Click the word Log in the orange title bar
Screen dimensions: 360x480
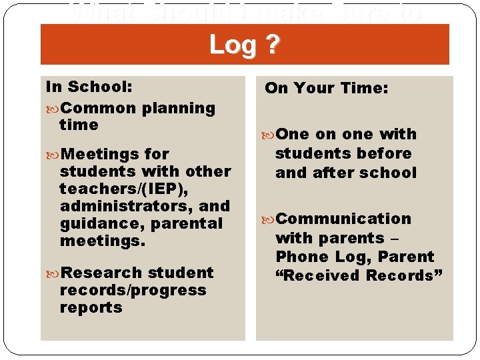point(231,45)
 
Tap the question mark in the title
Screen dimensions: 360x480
point(273,45)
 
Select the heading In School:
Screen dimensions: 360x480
point(89,87)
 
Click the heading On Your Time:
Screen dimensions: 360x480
point(326,88)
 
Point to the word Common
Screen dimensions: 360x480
point(100,108)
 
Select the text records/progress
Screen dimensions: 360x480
point(133,290)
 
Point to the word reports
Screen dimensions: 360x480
point(91,307)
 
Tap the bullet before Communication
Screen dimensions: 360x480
point(269,219)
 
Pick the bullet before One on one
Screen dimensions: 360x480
point(269,135)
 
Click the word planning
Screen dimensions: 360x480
point(179,108)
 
